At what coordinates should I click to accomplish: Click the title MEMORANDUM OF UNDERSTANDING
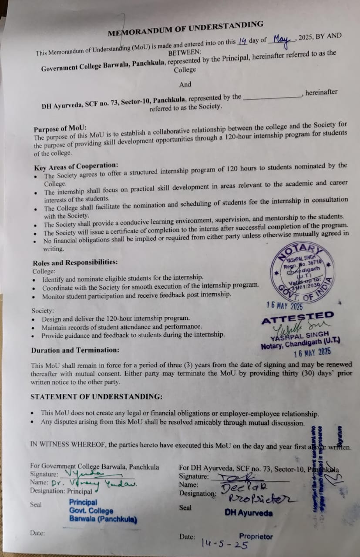pyautogui.click(x=185, y=29)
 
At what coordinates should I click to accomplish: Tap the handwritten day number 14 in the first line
pyautogui.click(x=242, y=41)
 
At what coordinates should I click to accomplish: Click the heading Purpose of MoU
pyautogui.click(x=60, y=129)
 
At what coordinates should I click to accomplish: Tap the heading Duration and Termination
pyautogui.click(x=75, y=350)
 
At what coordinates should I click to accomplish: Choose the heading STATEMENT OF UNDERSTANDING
pyautogui.click(x=97, y=396)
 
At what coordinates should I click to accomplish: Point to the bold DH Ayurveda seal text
pyautogui.click(x=249, y=513)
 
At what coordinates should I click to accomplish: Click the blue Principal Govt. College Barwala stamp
pyautogui.click(x=103, y=511)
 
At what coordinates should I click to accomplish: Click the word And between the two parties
pyautogui.click(x=185, y=84)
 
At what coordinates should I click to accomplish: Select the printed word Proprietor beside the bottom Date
pyautogui.click(x=256, y=537)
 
